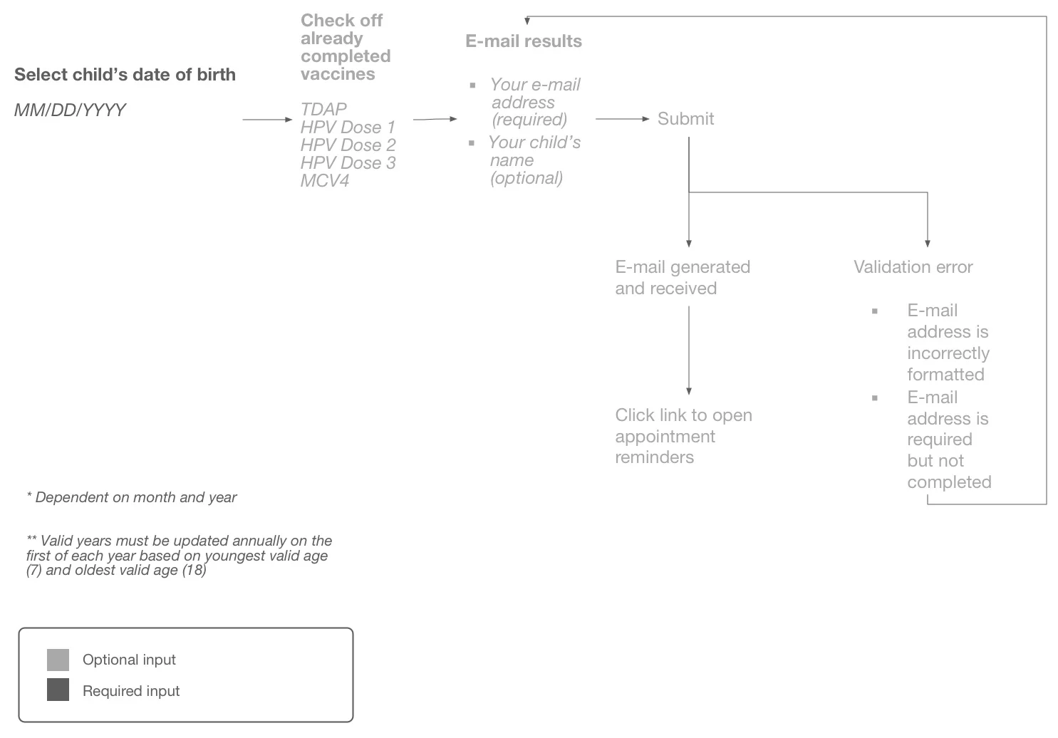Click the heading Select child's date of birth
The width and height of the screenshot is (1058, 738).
click(x=125, y=75)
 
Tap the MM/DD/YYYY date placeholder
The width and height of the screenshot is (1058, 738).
click(x=70, y=110)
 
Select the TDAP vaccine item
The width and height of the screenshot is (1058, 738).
click(x=323, y=109)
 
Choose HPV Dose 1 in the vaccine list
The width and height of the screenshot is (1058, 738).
click(x=347, y=127)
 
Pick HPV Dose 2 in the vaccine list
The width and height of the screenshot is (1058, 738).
click(x=348, y=145)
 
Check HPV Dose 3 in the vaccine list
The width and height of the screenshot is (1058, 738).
click(x=348, y=162)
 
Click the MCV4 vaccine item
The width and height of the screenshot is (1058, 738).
click(x=325, y=180)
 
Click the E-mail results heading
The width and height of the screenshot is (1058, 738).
click(x=523, y=41)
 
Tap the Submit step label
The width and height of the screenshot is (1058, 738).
click(x=685, y=119)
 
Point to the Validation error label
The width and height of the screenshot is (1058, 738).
click(x=913, y=267)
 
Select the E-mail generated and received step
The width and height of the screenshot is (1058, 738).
click(x=682, y=277)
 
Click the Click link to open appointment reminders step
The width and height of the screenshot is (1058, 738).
click(x=683, y=436)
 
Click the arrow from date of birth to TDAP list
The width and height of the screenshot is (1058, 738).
click(x=267, y=120)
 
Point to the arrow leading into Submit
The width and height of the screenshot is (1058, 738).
click(x=622, y=119)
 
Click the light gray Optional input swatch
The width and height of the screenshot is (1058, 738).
click(x=58, y=660)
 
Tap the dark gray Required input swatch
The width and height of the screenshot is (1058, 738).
click(x=58, y=690)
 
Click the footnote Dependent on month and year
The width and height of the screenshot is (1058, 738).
click(x=132, y=497)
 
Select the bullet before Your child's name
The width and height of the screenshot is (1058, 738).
click(x=472, y=143)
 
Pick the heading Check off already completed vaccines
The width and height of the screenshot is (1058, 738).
click(x=345, y=47)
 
